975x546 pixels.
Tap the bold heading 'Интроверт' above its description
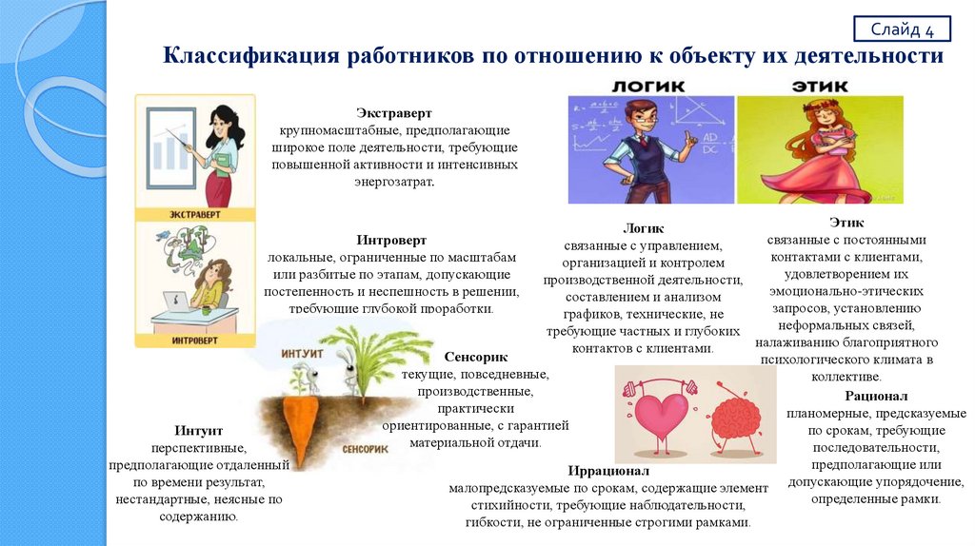pyautogui.click(x=391, y=240)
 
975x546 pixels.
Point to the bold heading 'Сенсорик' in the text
pyautogui.click(x=475, y=357)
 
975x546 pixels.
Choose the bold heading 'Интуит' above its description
pyautogui.click(x=199, y=430)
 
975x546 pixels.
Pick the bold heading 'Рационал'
pyautogui.click(x=876, y=395)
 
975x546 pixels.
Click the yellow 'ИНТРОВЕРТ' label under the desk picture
pyautogui.click(x=196, y=339)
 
